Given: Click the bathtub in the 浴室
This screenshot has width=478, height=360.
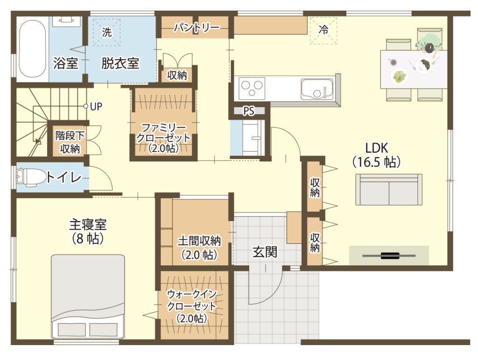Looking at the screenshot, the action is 32,50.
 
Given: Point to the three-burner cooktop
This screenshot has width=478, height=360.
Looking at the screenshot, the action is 252,88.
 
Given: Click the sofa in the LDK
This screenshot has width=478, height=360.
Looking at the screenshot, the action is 389,189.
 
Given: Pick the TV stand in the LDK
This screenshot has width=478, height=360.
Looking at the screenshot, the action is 389,255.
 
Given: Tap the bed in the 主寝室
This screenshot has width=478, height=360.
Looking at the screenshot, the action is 88,296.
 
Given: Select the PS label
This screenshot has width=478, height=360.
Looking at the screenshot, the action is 249,111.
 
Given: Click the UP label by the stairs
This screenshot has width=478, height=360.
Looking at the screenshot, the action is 96,107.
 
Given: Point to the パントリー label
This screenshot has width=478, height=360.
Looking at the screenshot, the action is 197,28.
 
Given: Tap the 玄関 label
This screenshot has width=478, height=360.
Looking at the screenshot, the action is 265,252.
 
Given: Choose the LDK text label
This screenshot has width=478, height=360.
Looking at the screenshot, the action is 377,148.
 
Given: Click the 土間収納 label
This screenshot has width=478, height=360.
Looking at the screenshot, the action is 199,241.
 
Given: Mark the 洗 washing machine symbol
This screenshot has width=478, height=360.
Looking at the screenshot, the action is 107,32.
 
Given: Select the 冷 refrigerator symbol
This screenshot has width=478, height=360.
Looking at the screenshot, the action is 323,30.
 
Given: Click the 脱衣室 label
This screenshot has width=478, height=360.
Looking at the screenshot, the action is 120,63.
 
